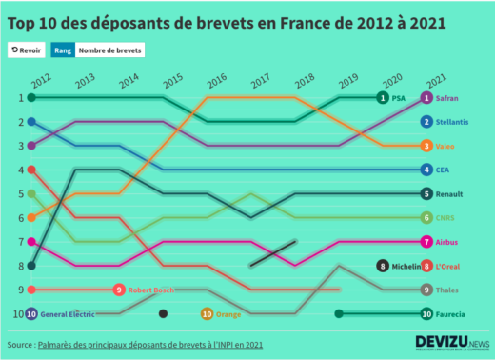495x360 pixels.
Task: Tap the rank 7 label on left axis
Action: tap(20, 242)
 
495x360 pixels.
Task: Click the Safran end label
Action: tap(447, 97)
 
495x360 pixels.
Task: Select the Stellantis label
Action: tap(453, 122)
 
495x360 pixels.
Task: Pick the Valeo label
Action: tap(445, 146)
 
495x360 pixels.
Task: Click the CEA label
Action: tap(443, 170)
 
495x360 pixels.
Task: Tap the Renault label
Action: tap(448, 193)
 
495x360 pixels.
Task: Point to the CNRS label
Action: tap(445, 218)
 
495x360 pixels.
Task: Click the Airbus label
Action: tap(446, 242)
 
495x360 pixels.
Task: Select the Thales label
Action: tap(446, 290)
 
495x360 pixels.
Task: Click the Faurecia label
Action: tap(451, 313)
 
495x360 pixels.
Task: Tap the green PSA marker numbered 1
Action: tap(382, 97)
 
